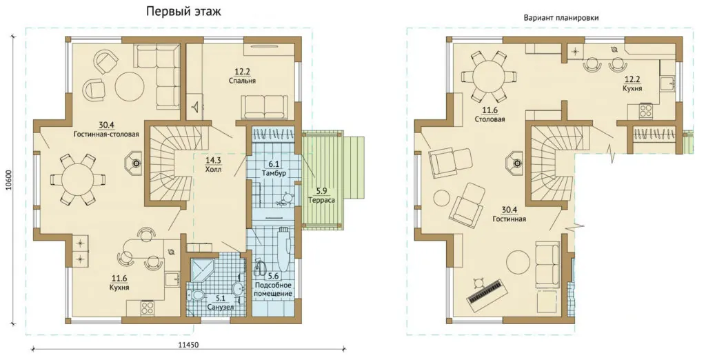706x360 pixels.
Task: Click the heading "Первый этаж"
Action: point(183,12)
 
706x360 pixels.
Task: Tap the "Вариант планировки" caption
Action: point(561,18)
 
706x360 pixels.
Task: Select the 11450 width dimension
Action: point(188,345)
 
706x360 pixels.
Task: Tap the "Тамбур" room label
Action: point(274,173)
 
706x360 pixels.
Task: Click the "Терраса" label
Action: point(320,199)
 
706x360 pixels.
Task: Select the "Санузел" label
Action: point(219,308)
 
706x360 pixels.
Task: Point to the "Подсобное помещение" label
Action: point(273,289)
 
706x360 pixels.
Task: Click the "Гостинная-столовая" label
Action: point(106,134)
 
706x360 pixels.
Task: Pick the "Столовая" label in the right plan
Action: point(489,119)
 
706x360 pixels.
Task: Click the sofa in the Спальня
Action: point(264,107)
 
